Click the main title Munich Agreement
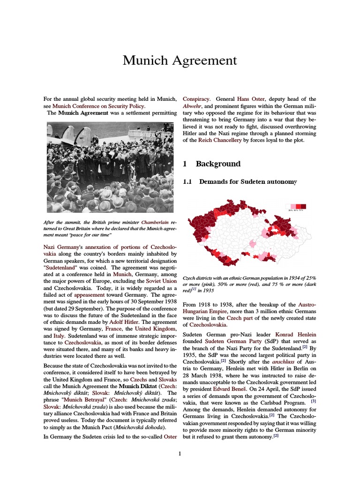(180, 60)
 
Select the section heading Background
(218, 164)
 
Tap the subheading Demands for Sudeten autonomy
(248, 181)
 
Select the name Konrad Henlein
(296, 335)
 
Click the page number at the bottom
(180, 453)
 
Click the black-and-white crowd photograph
(110, 167)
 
